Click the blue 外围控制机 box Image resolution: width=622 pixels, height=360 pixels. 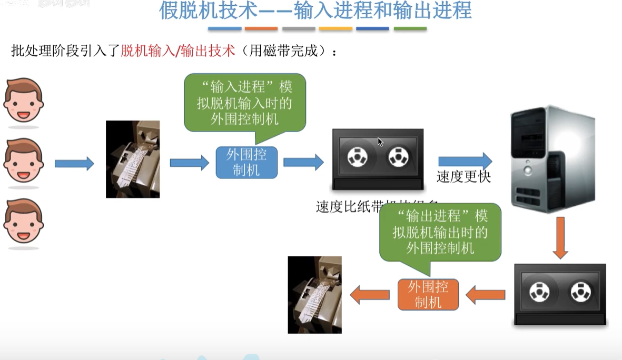coord(246,162)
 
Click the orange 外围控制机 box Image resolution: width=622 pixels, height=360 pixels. coord(428,294)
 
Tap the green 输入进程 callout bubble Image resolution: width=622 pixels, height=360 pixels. coord(245,103)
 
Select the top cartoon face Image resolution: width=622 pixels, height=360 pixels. coord(24,101)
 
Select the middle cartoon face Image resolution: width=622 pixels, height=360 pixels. coord(24,161)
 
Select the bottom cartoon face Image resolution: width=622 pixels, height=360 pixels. coord(24,222)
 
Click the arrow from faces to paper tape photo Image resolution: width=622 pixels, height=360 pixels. coord(74,164)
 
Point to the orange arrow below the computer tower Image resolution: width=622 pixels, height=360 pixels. coord(560,238)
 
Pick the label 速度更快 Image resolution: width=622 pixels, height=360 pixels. coord(463,177)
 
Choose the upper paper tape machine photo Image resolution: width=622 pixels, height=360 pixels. coord(133,159)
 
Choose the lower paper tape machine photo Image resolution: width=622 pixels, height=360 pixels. coord(314,295)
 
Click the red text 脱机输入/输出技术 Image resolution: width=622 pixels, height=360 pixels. coord(177,51)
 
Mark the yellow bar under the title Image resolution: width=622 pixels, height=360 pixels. coord(335,28)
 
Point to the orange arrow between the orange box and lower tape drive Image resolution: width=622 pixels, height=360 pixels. coord(485,295)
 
